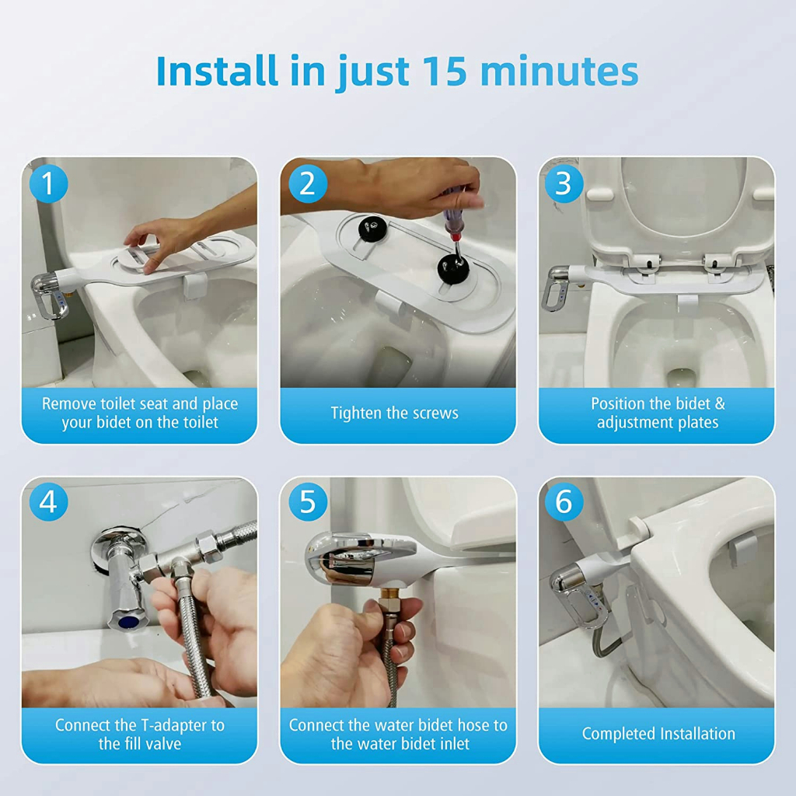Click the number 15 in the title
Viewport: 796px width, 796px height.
444,71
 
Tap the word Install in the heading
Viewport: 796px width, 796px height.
218,71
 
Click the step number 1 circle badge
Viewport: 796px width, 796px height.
48,183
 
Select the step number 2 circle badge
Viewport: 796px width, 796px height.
308,183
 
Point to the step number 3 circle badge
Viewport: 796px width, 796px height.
564,183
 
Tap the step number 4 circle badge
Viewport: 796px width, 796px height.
48,501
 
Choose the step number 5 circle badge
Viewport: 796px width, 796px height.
308,501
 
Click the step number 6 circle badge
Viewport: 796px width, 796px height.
564,501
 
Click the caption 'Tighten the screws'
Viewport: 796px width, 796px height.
394,414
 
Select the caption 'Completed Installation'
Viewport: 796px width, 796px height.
658,734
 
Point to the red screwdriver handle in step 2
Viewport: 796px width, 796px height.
454,213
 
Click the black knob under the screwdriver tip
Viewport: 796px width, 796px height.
453,269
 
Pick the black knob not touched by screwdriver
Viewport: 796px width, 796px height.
373,227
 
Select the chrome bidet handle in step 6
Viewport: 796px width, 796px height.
578,595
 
